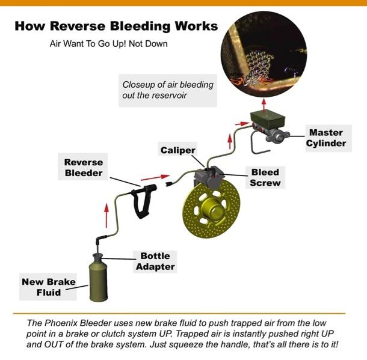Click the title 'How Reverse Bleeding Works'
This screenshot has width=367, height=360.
point(116,26)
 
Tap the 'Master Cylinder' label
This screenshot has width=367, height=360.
point(327,138)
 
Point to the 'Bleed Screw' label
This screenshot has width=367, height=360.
point(265,177)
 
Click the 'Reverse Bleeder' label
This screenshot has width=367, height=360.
point(84,168)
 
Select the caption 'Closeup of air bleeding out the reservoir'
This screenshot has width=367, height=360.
point(168,90)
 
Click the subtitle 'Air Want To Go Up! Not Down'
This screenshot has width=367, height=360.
point(108,44)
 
